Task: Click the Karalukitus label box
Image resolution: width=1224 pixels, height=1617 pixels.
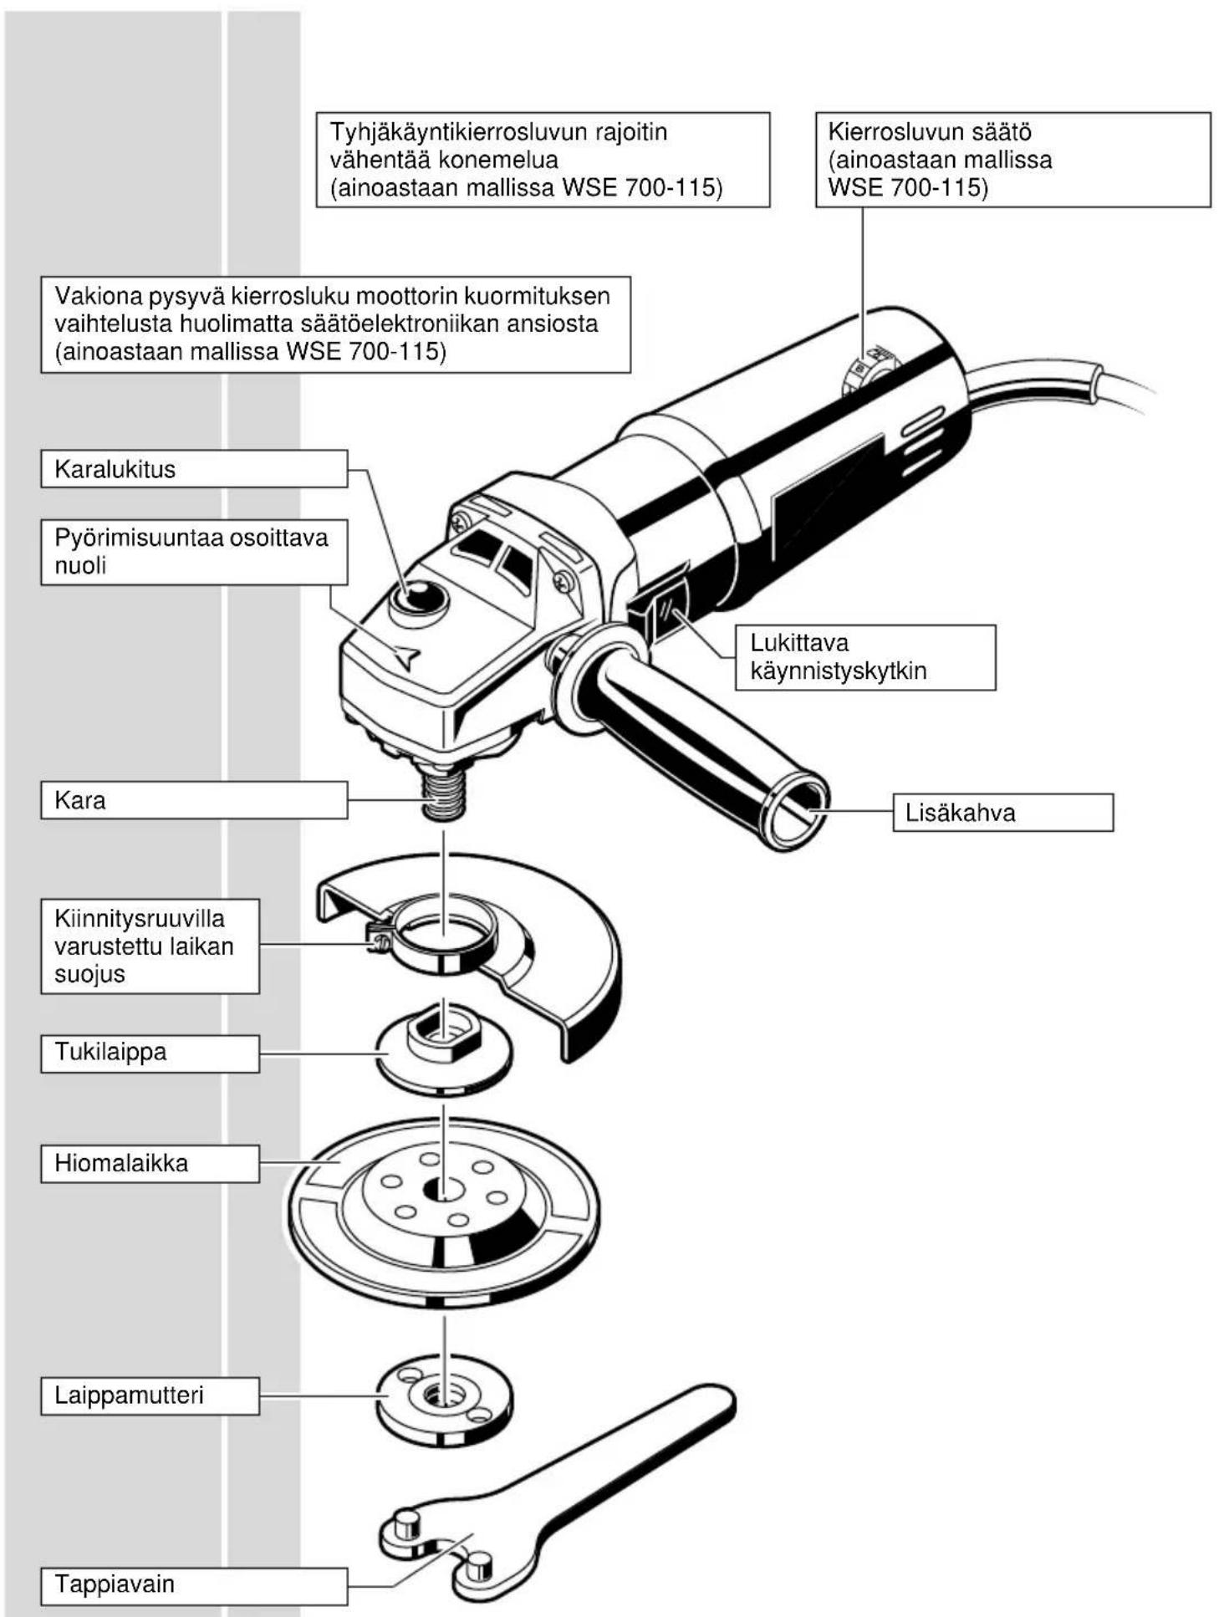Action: click(x=194, y=468)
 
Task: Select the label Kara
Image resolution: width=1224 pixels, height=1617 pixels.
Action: click(x=194, y=800)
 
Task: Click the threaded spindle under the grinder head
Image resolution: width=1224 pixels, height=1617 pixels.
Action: click(x=444, y=795)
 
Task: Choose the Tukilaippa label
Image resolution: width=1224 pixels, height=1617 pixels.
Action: click(x=150, y=1053)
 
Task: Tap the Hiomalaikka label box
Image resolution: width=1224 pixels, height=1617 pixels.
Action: click(x=150, y=1163)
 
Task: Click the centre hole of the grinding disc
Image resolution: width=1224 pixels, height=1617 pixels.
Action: click(x=444, y=1189)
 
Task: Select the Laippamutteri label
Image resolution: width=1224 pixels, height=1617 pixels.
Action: click(x=150, y=1395)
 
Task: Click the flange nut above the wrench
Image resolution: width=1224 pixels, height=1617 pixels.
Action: click(x=444, y=1395)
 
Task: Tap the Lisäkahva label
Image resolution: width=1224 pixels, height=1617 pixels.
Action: click(x=1003, y=813)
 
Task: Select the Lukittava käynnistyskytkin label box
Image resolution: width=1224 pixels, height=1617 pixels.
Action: click(x=865, y=657)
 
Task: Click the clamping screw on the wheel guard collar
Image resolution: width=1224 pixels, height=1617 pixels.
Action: click(x=377, y=941)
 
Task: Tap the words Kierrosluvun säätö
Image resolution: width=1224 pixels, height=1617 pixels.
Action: click(x=930, y=132)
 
